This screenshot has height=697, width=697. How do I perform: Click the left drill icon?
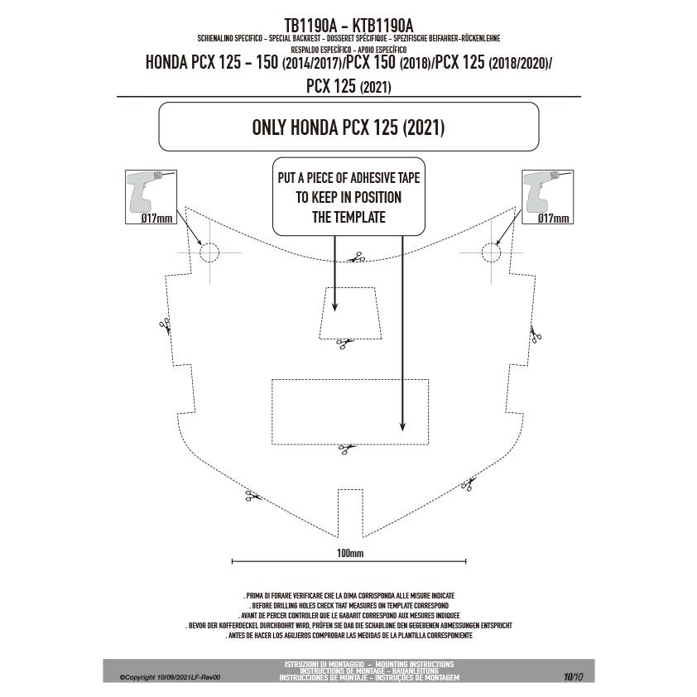(x=145, y=191)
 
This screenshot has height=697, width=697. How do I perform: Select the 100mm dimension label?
(x=350, y=553)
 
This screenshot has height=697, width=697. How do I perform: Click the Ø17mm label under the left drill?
(x=156, y=219)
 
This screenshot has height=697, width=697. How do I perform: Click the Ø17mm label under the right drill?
(x=553, y=219)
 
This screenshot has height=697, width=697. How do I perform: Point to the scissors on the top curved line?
(x=357, y=257)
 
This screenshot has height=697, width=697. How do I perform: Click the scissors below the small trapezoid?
(x=344, y=343)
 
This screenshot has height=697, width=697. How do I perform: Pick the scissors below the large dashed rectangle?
(x=346, y=449)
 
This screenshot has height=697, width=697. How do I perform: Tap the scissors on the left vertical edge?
(x=165, y=326)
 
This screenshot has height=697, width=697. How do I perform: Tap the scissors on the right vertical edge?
(x=536, y=334)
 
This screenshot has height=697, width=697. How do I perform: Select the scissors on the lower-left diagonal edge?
(x=253, y=496)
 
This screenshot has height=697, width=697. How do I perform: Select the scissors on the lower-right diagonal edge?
(x=468, y=483)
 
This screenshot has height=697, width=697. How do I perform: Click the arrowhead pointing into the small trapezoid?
(x=334, y=306)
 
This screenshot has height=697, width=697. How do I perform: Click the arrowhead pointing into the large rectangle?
(x=402, y=425)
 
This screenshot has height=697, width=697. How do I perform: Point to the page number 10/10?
(x=574, y=677)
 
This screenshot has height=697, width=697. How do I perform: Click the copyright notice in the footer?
(x=170, y=677)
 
